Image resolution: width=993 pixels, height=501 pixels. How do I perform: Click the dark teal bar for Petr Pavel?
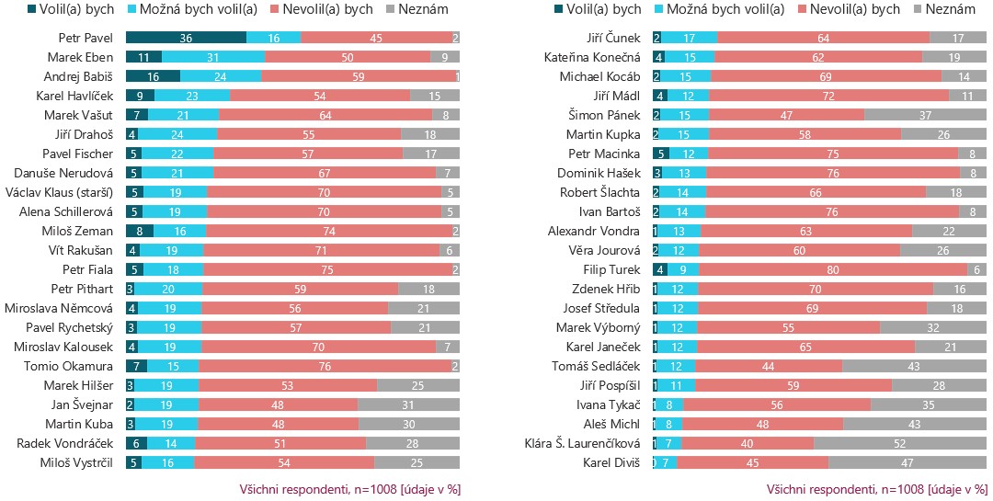pyautogui.click(x=186, y=38)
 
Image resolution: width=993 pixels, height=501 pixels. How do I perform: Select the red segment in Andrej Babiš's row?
pyautogui.click(x=359, y=76)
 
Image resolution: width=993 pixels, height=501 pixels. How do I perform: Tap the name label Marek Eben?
pyautogui.click(x=80, y=58)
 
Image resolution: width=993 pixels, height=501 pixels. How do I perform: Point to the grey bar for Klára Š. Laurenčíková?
pyautogui.click(x=900, y=443)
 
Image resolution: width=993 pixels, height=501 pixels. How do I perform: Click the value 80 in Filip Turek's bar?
pyautogui.click(x=833, y=270)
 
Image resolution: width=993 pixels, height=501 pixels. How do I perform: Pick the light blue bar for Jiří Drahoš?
pyautogui.click(x=178, y=134)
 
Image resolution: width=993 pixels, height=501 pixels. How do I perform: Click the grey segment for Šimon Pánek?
pyautogui.click(x=925, y=115)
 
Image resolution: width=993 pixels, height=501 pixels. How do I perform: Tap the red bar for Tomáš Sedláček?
pyautogui.click(x=769, y=366)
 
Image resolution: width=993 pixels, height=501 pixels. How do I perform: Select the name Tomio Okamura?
pyautogui.click(x=68, y=366)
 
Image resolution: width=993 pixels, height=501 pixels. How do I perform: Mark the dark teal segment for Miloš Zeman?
pyautogui.click(x=140, y=231)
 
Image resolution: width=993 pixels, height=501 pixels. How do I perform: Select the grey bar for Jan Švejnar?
pyautogui.click(x=408, y=404)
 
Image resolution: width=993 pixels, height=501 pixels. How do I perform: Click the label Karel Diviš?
pyautogui.click(x=611, y=462)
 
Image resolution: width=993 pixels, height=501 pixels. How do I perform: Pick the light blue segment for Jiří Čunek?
pyautogui.click(x=689, y=38)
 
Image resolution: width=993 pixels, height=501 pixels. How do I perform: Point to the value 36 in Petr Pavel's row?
pyautogui.click(x=186, y=38)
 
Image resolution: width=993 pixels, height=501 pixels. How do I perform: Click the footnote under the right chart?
pyautogui.click(x=876, y=490)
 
